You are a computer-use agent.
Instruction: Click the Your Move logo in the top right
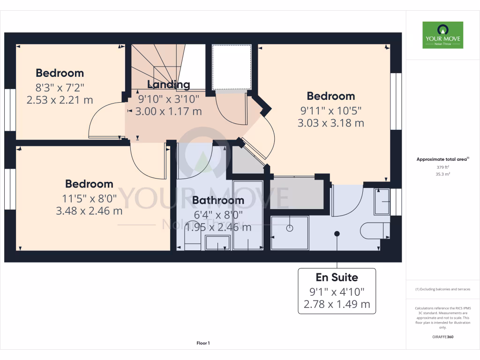442,35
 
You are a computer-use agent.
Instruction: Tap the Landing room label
169,84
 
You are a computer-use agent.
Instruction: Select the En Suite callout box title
337,277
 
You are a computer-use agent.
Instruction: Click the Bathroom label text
218,200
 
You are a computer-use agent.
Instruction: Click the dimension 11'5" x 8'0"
89,198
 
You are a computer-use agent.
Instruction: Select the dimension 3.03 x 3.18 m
331,123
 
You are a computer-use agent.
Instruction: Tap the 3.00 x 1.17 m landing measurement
169,112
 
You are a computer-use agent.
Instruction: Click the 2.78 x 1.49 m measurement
337,304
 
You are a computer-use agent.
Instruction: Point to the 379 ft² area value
442,167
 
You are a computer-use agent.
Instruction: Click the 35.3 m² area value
442,173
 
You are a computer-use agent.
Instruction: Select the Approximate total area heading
442,159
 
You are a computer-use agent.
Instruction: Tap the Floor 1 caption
203,344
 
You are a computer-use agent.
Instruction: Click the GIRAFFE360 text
442,337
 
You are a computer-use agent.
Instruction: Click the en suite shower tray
290,232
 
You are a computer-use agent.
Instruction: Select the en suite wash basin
382,202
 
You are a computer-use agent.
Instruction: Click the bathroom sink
217,243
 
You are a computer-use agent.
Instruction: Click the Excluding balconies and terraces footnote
442,289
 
